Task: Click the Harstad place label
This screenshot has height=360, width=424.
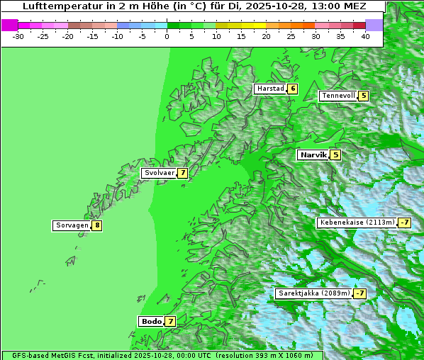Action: pos(270,89)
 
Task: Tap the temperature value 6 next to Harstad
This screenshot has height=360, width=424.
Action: pos(292,89)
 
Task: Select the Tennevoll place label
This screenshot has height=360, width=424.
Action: pos(337,96)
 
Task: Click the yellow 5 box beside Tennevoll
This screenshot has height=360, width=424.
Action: pos(363,96)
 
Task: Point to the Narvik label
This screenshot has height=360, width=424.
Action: pos(313,154)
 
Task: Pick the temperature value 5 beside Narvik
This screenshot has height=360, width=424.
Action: pos(335,154)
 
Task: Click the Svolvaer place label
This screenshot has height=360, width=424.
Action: pos(159,173)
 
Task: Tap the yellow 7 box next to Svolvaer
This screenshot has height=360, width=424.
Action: pos(182,173)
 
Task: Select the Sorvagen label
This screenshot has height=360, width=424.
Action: pos(72,225)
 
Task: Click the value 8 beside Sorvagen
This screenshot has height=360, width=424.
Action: pos(97,225)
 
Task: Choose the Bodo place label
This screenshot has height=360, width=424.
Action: pos(151,321)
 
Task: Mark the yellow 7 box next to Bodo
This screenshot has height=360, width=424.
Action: pos(170,321)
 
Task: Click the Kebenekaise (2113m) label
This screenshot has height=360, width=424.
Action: pos(357,223)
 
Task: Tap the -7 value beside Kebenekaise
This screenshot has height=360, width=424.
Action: pos(404,223)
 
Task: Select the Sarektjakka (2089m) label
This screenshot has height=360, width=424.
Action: pos(313,293)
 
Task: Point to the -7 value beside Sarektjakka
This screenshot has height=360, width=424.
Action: pos(359,293)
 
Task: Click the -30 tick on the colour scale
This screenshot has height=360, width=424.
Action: pos(18,35)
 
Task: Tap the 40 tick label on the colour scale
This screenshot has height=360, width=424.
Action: pos(365,35)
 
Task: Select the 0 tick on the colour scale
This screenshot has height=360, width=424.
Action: pos(167,35)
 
